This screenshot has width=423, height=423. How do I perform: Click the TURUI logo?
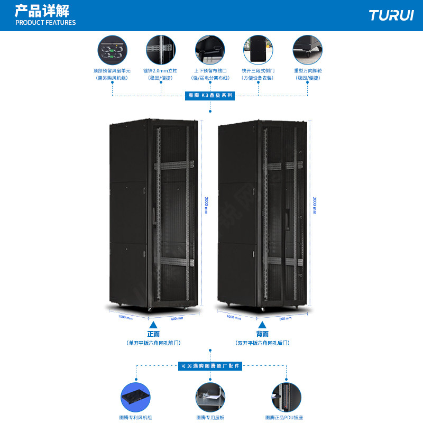point(391,15)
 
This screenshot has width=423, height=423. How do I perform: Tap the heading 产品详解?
point(42,10)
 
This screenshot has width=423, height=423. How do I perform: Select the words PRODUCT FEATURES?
point(45,23)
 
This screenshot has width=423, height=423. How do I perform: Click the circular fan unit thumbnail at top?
point(112,50)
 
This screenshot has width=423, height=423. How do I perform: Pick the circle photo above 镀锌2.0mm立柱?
point(161,50)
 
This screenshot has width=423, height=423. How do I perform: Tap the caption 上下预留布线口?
point(210,70)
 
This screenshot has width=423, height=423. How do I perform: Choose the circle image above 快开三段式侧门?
point(258,50)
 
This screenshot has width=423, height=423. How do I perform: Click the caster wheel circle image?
point(308,50)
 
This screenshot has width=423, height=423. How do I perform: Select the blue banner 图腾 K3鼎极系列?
point(210,96)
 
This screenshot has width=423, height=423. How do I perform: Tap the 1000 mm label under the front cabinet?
point(125,317)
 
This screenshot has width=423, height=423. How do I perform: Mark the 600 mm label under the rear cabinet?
point(285,318)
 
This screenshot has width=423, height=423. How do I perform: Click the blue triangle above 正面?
point(153,325)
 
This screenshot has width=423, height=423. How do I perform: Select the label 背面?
point(262,334)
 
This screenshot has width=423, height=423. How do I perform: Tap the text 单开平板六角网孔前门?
point(153,343)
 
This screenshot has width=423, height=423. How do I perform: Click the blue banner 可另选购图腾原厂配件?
point(210,366)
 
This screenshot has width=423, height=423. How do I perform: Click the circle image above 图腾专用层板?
point(210,397)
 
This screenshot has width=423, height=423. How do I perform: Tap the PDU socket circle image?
point(286,397)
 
